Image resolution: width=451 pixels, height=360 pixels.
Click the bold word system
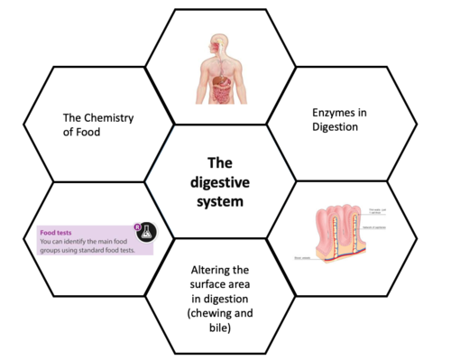(x=220, y=201)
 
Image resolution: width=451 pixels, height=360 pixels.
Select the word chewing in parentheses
(x=210, y=312)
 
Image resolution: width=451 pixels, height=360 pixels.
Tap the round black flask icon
(x=144, y=232)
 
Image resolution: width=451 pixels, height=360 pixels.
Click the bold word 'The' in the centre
(x=220, y=163)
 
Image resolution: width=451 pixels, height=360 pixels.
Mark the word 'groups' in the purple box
(x=53, y=251)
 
